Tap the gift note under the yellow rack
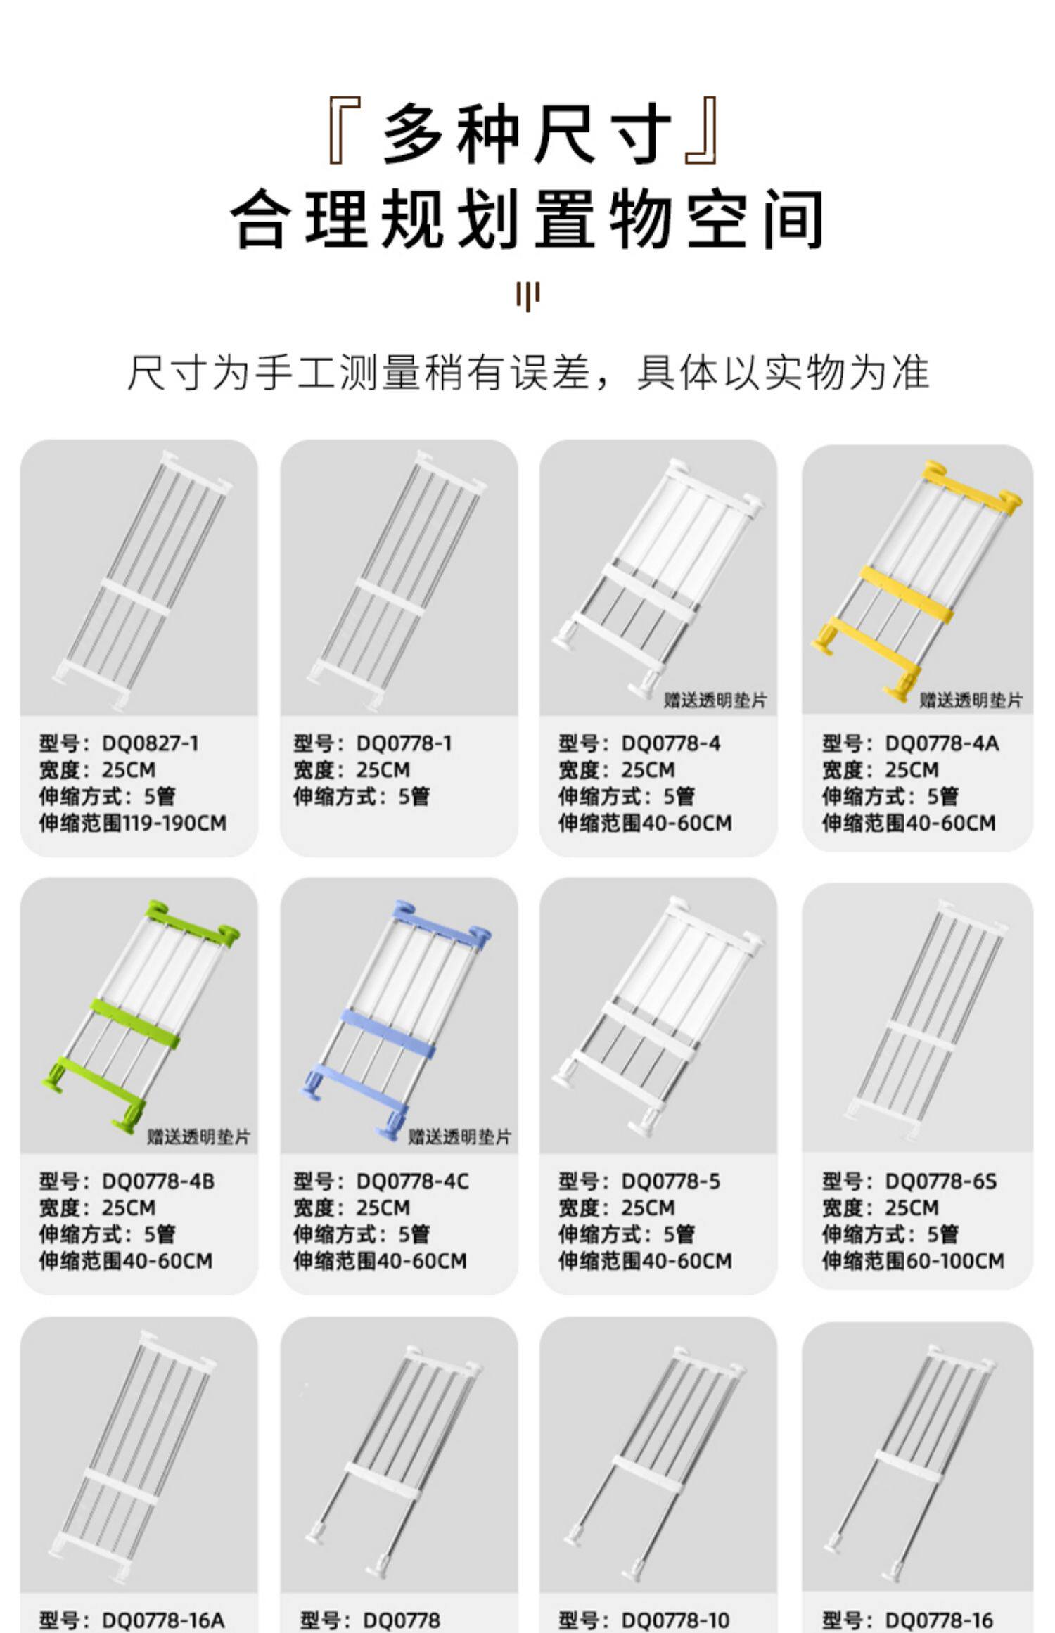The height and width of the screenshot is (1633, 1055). (x=971, y=700)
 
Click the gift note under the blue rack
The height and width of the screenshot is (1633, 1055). (x=460, y=1137)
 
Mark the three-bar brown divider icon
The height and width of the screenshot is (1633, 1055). (x=527, y=295)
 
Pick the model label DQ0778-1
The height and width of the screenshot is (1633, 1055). (x=373, y=743)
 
